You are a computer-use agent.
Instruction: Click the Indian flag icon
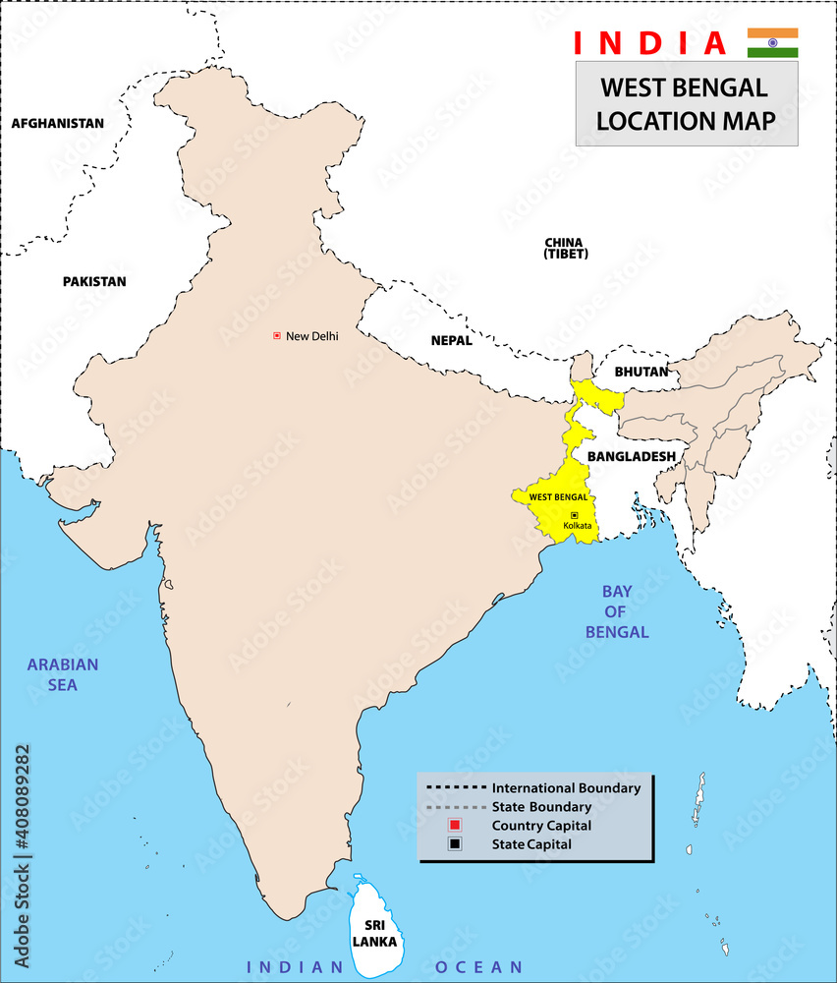[x=772, y=43]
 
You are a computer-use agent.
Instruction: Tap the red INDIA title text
[x=650, y=43]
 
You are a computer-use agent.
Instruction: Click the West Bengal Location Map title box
[x=686, y=103]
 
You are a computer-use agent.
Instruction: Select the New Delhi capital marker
[x=277, y=336]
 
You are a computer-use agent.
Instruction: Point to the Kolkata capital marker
[x=575, y=515]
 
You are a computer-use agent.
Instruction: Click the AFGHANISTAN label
[x=57, y=124]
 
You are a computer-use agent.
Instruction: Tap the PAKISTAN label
[x=94, y=281]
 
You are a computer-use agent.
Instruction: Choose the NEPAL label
[x=451, y=341]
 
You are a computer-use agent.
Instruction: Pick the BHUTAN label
[x=641, y=372]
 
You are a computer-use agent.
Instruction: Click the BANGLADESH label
[x=631, y=456]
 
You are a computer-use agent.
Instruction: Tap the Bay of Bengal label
[x=617, y=611]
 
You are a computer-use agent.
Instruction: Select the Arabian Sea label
[x=63, y=674]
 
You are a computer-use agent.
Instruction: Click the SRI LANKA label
[x=373, y=933]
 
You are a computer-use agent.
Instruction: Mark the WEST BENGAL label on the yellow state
[x=558, y=497]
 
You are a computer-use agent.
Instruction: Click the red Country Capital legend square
[x=454, y=825]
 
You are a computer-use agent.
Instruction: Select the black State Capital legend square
[x=454, y=843]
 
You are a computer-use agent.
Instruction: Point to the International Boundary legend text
[x=566, y=788]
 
